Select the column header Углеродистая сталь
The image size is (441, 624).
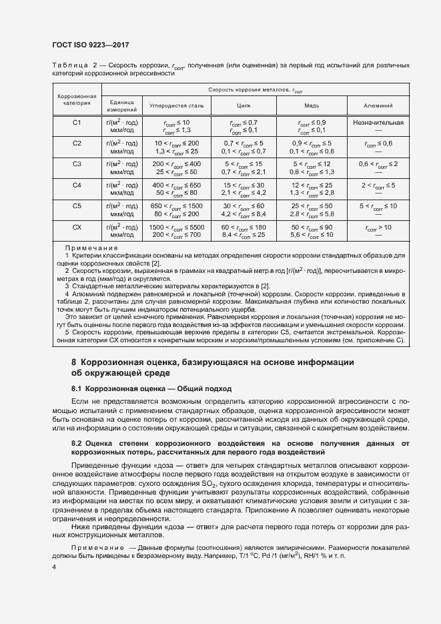click(177, 105)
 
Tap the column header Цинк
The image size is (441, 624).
click(244, 105)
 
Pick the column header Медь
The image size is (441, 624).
click(312, 105)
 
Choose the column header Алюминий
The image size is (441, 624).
click(378, 105)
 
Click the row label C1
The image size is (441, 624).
click(77, 123)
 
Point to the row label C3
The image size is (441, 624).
click(77, 164)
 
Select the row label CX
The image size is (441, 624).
click(77, 228)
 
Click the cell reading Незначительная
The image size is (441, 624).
click(378, 123)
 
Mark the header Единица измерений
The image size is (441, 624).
click(122, 105)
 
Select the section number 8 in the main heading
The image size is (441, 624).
click(75, 362)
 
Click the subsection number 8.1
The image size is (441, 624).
click(76, 388)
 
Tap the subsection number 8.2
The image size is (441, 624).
click(76, 443)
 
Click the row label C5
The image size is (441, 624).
click(77, 206)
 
